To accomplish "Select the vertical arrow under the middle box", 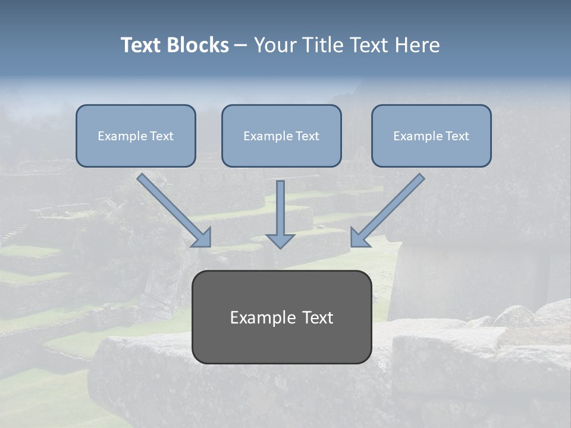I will (280, 208).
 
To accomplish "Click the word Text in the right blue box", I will (456, 136).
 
